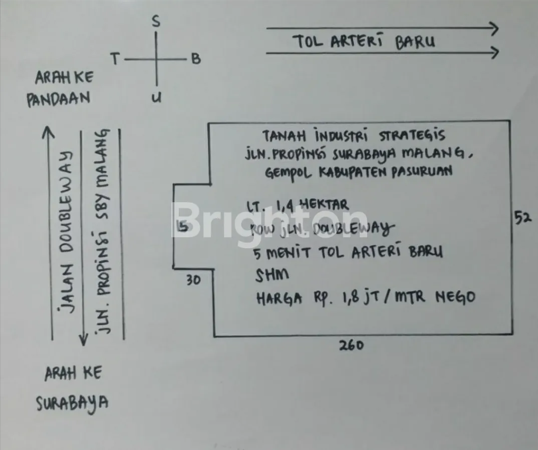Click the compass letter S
coord(156,22)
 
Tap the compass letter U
coord(157,98)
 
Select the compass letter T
coord(115,60)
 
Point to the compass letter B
coord(195,59)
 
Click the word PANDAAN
coord(58,98)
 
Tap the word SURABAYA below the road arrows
coord(72,403)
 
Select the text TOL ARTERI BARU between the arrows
coord(364,42)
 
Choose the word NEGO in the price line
coord(454,297)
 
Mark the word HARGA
coord(279,298)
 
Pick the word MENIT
coord(291,253)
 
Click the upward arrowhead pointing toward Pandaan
coord(48,131)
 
